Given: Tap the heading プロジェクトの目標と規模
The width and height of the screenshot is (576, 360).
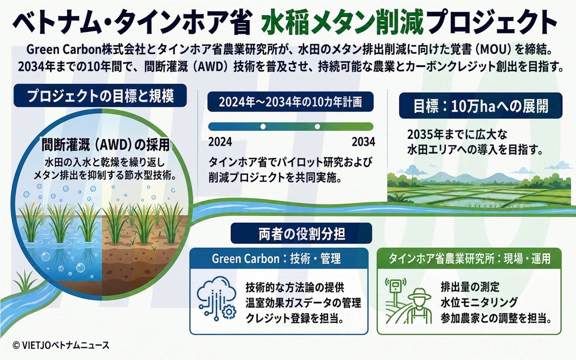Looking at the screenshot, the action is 100,96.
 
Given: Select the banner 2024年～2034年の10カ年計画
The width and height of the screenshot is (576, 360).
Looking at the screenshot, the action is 290,102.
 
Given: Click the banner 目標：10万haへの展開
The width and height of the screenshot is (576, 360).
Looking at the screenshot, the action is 481,106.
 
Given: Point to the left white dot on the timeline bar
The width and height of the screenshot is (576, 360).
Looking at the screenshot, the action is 263,126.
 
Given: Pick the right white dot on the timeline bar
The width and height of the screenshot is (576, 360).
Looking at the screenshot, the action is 317,126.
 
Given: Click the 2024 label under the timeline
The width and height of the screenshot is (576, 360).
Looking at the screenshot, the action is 220,142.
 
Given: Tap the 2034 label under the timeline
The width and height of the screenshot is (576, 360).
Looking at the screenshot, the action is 363,142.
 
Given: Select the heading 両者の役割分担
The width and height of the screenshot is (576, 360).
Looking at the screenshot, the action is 301,234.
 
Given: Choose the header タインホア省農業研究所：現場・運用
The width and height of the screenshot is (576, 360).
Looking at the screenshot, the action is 469,258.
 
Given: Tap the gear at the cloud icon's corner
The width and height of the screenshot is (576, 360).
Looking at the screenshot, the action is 228,312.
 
